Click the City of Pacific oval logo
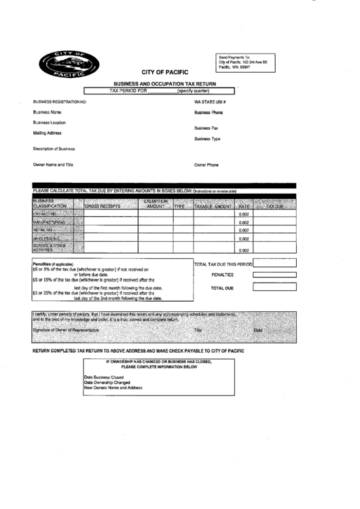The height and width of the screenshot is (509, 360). coord(70,65)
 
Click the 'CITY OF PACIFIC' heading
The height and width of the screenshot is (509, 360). coord(164,71)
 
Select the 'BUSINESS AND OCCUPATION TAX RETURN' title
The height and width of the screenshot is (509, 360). coord(164,84)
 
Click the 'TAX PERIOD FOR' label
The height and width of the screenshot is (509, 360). coord(128,90)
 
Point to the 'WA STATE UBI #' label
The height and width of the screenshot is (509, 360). coord(210,101)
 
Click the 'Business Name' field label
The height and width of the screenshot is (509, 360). coord(47,111)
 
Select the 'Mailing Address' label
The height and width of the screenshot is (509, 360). coord(48,133)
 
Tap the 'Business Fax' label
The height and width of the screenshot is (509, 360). coord(206,128)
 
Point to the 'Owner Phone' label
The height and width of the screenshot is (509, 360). coord(206,164)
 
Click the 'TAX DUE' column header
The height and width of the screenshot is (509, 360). coord(274,205)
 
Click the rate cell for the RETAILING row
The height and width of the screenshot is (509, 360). coord(244,230)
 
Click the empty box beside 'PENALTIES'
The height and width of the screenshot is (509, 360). coord(274,275)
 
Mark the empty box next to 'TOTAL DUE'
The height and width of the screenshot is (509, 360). coord(274,287)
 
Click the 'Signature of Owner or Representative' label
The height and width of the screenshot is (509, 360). coord(65,330)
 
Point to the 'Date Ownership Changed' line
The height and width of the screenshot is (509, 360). coord(107,382)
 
